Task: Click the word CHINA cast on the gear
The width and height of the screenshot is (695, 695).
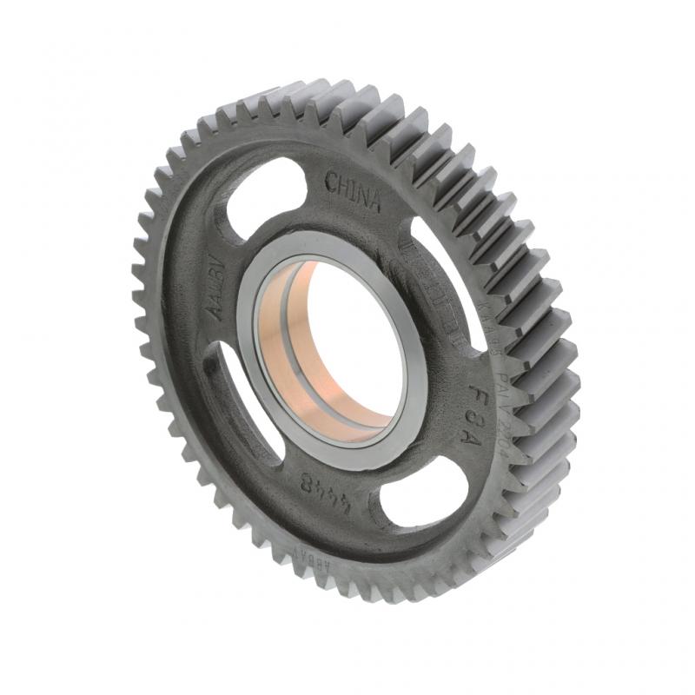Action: [353, 192]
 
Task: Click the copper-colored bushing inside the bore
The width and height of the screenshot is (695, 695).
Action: [287, 347]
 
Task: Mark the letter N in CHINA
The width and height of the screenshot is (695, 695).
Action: [361, 196]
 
